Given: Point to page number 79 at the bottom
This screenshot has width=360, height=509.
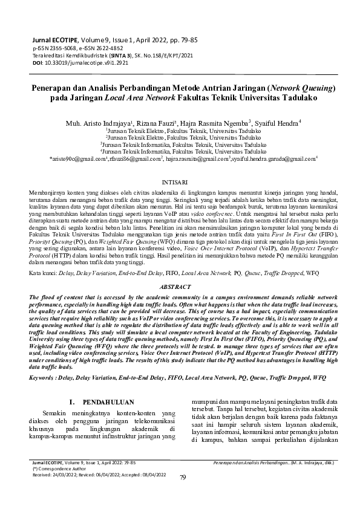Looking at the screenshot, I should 184,494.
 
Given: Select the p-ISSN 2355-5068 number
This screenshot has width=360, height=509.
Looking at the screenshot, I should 51,47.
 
